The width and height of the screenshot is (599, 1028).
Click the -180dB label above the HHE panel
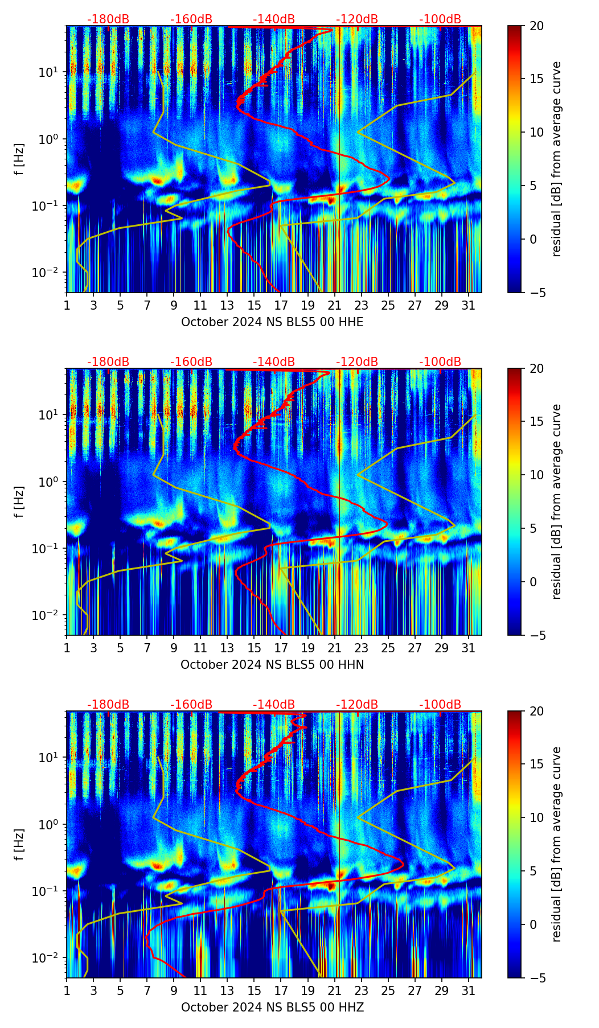point(108,19)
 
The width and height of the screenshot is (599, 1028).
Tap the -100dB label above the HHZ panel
point(440,705)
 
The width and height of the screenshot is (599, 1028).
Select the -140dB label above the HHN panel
point(274,362)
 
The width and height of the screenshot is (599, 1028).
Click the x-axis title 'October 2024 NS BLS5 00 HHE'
point(272,322)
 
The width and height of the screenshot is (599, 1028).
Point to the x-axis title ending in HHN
point(272,665)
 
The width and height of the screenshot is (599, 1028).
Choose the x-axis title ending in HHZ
point(272,1008)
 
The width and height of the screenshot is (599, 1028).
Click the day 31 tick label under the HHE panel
point(469,306)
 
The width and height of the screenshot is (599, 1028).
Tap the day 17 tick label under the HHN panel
point(281,648)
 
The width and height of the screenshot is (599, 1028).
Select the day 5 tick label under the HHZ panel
point(121,991)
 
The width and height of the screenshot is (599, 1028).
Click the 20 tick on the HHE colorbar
point(536,26)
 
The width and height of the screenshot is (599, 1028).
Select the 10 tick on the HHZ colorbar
point(536,817)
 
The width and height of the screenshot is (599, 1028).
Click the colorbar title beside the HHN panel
point(557,501)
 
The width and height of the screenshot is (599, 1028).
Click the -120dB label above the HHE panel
point(357,19)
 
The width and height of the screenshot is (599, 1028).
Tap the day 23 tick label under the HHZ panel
point(362,991)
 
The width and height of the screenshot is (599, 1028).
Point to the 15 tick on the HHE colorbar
point(536,79)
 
